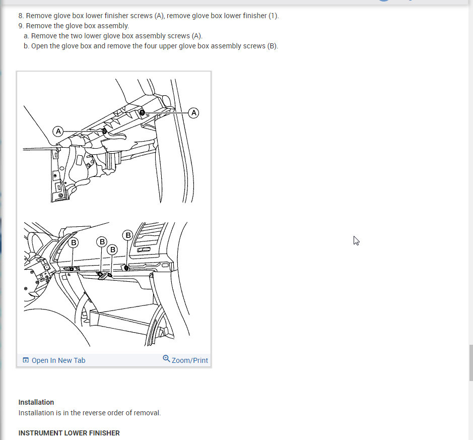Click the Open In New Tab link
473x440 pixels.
58,360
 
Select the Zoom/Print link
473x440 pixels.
190,360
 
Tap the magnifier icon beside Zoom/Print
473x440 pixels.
166,358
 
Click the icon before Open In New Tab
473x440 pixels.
26,360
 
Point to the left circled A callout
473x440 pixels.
58,131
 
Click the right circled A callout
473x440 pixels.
193,113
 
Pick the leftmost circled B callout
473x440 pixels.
74,242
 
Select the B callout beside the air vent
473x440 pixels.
128,235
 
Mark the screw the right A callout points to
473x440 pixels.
142,113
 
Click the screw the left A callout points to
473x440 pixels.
104,131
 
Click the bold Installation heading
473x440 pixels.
36,402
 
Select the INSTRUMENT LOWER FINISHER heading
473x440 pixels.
69,433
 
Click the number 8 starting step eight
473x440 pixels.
20,16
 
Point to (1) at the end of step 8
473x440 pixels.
273,16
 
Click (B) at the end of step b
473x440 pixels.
273,46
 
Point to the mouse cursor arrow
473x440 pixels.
356,240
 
